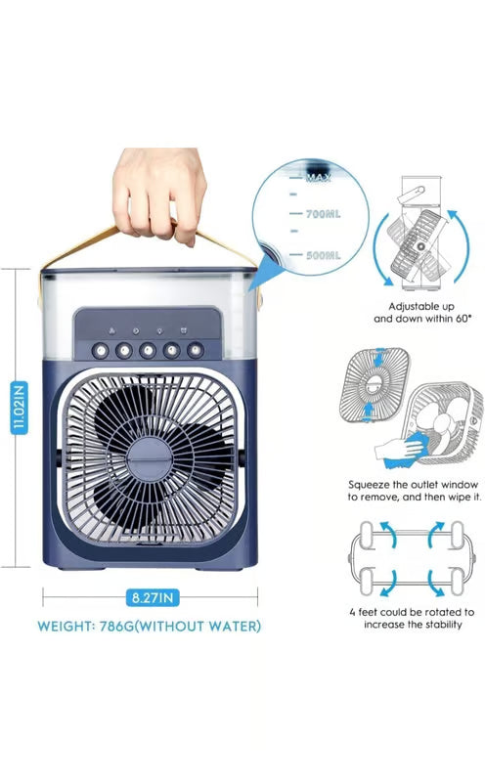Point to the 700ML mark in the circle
point(322,212)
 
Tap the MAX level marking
point(319,178)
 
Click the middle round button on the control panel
point(148,349)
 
